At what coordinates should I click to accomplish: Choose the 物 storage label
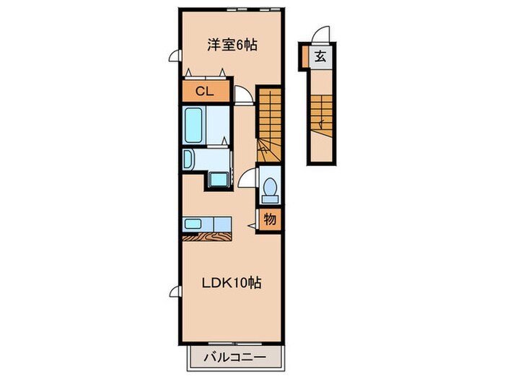[268, 219]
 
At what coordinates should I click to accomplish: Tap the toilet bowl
[270, 188]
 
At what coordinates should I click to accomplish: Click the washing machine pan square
[219, 179]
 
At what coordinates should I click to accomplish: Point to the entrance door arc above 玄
[322, 35]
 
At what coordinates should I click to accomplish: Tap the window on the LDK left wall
[174, 292]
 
